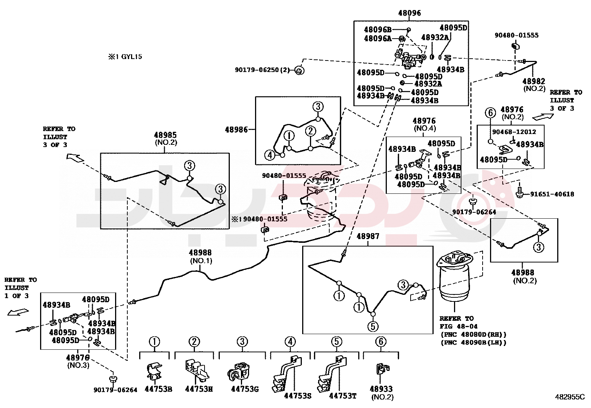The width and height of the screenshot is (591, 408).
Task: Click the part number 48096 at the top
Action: [409, 13]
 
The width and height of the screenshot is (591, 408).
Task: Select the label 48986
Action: [236, 130]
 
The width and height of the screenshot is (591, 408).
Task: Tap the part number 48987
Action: [368, 236]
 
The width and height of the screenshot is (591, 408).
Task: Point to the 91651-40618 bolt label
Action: [552, 194]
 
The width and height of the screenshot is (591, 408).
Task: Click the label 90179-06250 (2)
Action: [262, 70]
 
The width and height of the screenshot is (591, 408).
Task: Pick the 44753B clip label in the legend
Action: [158, 389]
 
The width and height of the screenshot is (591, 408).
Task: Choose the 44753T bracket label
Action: [343, 396]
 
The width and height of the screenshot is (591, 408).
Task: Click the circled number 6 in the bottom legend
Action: [381, 342]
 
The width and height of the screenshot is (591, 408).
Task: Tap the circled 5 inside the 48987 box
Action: [373, 326]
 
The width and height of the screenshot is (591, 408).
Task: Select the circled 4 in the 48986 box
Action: [270, 155]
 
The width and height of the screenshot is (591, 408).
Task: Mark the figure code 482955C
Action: [570, 396]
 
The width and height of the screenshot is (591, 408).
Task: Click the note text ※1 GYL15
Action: [125, 57]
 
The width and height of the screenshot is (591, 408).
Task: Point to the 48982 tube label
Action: [534, 81]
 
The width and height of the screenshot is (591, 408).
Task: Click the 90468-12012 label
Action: [514, 132]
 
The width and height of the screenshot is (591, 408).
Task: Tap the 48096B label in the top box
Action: [378, 30]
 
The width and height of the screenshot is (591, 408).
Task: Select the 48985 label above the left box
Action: [165, 135]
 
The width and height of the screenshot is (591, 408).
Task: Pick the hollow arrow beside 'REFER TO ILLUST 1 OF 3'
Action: [18, 312]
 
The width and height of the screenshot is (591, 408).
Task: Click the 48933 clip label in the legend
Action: [381, 389]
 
